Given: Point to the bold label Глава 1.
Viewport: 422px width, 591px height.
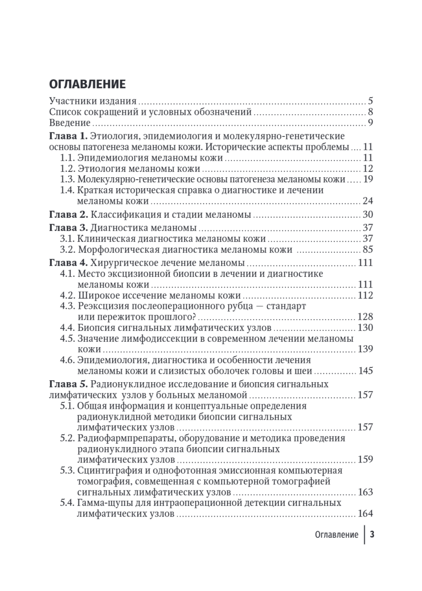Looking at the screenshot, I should coord(69,136).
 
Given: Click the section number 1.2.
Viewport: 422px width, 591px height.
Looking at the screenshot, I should coord(67,168).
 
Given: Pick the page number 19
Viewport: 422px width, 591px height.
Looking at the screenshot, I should coord(367,179).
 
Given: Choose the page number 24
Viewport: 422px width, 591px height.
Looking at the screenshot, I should coord(367,201).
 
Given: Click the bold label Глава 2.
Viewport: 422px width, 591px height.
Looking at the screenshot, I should coord(69,214).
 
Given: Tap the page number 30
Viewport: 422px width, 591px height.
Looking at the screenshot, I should coord(367,214).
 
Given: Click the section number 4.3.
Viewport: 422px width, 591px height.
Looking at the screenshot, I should coord(67,306).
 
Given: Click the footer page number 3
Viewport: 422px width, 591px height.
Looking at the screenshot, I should coord(372,535).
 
